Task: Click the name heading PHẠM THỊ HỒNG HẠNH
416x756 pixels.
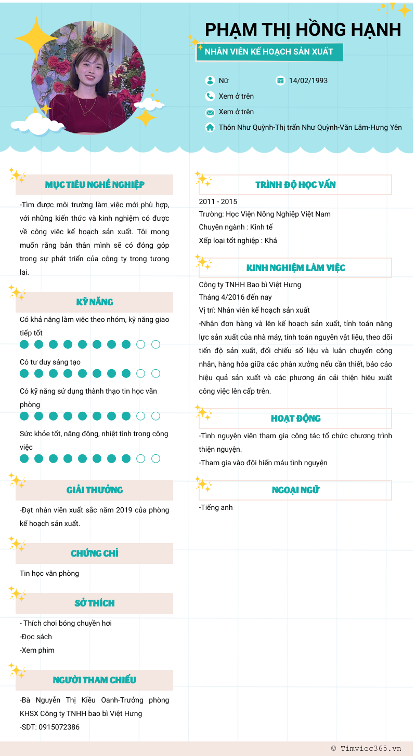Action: click(303, 30)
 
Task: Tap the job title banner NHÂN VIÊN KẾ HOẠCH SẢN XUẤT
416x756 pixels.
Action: click(269, 52)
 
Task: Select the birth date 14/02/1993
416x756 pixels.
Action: click(308, 80)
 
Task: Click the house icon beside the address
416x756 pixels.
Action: click(210, 127)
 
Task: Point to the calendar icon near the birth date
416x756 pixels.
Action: click(281, 80)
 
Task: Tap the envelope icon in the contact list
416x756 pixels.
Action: click(210, 112)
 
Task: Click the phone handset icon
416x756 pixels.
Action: click(210, 96)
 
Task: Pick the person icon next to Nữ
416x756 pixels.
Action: click(210, 80)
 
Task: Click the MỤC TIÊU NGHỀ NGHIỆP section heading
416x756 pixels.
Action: click(95, 185)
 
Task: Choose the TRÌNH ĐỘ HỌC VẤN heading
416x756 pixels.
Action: click(295, 185)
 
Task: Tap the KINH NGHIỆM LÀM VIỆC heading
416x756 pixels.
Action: click(295, 268)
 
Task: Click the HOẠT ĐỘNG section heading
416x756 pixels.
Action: click(295, 419)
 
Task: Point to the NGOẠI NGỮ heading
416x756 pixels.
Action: click(295, 490)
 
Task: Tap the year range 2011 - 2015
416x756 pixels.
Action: click(218, 201)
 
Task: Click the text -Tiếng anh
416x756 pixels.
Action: click(216, 507)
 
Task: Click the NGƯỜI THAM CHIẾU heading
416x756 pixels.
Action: click(95, 680)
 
